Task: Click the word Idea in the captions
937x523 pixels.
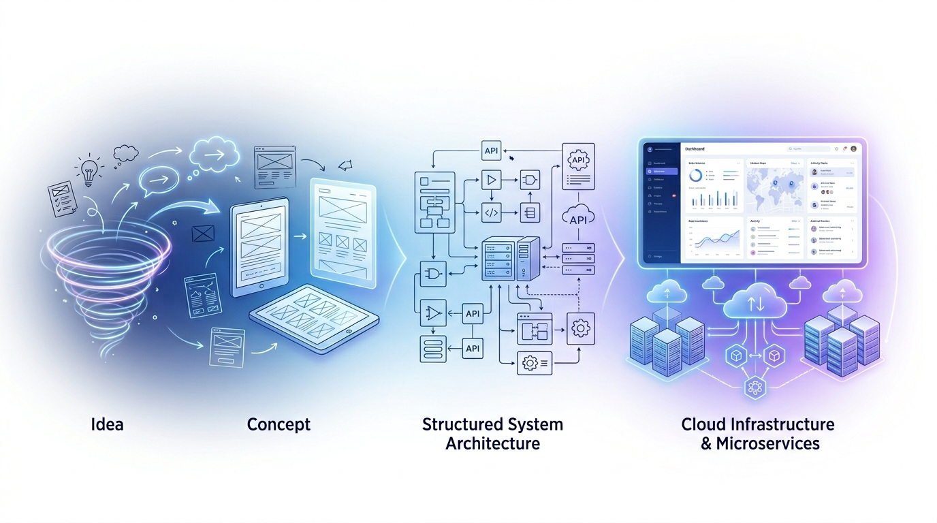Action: (x=108, y=424)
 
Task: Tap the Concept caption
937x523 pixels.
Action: (x=279, y=424)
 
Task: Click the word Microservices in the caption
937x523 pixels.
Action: (x=767, y=444)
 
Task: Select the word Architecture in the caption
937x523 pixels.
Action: (x=492, y=443)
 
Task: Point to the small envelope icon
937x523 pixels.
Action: (x=203, y=234)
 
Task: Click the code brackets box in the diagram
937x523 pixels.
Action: (x=492, y=212)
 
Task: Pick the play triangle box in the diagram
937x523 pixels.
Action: (x=492, y=180)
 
